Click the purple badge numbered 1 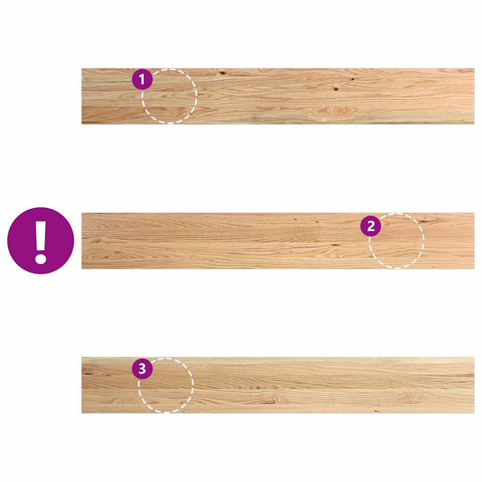click(142, 80)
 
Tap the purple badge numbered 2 click(370, 226)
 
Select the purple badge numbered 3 click(142, 369)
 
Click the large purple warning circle click(40, 241)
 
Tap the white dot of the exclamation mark click(40, 258)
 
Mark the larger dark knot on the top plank click(336, 88)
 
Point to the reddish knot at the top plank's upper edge click(222, 73)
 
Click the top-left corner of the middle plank click(82, 214)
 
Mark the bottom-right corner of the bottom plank click(473, 412)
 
